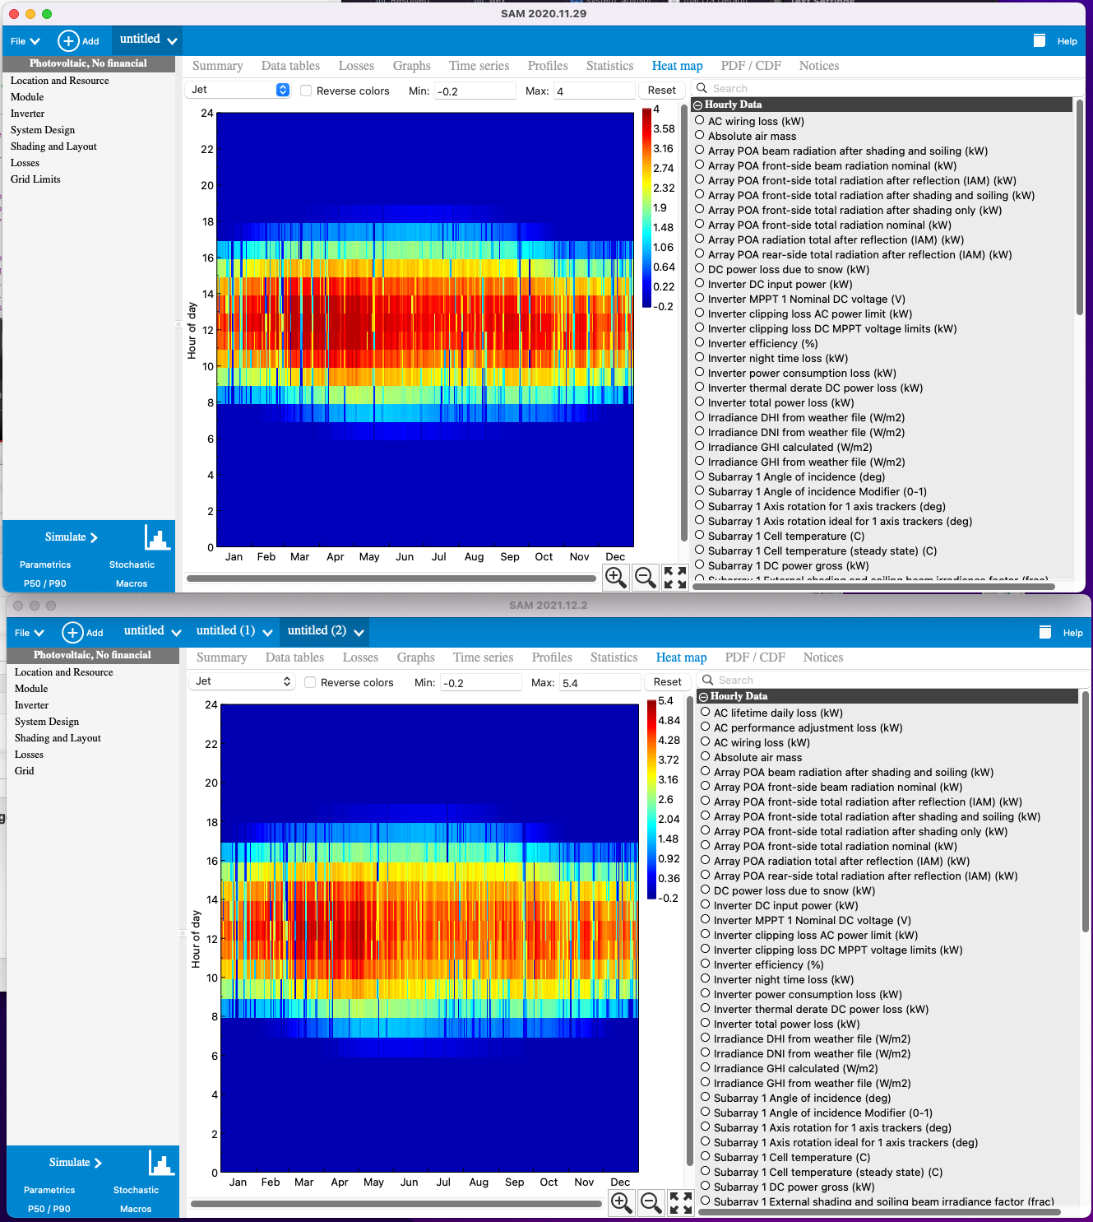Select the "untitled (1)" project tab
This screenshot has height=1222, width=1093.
(225, 631)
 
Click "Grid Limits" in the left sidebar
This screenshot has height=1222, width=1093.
(35, 179)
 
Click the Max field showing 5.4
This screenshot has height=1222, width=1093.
(599, 683)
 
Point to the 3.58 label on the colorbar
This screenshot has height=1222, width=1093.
(664, 129)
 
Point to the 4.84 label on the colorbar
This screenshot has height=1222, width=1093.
(669, 721)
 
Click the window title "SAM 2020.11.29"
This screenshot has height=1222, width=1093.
(544, 13)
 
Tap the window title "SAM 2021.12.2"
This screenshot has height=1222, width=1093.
(548, 605)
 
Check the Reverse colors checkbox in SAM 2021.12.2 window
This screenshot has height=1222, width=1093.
(310, 682)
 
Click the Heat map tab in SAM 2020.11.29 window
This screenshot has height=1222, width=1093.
(677, 66)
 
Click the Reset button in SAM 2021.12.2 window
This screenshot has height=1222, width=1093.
(667, 682)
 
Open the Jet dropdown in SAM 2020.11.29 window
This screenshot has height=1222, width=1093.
(239, 90)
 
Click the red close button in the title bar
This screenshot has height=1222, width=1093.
(14, 14)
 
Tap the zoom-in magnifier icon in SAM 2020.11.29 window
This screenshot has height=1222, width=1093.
(616, 577)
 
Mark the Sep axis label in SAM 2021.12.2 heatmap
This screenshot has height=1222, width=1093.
(515, 1183)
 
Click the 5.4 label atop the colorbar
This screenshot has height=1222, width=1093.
(665, 701)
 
